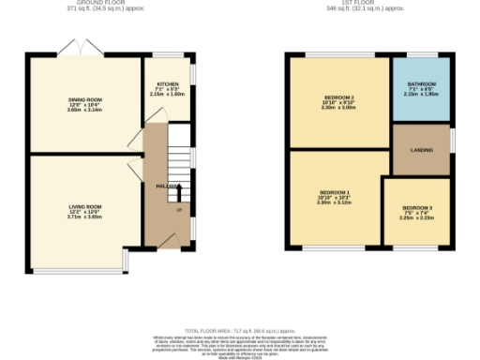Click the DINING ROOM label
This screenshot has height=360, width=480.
(x=84, y=98)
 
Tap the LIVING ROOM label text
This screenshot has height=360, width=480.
(x=84, y=205)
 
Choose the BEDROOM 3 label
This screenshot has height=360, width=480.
(x=417, y=207)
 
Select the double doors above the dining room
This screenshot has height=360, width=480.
(x=77, y=48)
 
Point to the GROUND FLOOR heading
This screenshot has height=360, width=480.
(x=84, y=3)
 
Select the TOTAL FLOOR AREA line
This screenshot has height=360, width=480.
(x=240, y=331)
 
